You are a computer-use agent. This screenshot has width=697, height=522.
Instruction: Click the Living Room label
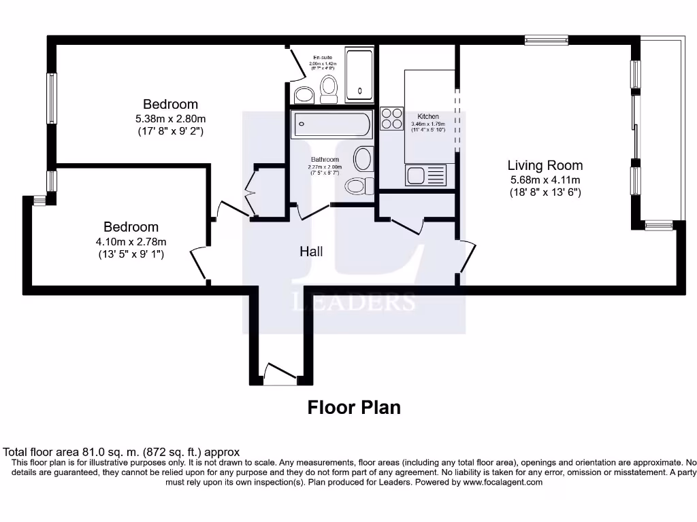pos(545,165)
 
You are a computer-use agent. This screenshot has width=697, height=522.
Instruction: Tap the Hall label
pos(311,251)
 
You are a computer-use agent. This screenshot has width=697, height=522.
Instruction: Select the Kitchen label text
pos(428,117)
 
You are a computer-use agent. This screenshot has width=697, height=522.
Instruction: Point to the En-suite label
pos(322,57)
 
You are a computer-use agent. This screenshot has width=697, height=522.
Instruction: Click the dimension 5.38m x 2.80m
pos(170,118)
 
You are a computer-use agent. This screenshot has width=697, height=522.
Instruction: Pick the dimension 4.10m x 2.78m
pos(131,241)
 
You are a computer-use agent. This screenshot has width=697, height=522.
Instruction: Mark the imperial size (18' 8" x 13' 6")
pos(545,192)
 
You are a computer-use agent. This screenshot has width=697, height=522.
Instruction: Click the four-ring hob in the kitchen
pos(391,119)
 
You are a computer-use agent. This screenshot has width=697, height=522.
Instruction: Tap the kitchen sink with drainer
pos(425,175)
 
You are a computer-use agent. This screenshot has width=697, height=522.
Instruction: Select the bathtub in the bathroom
pos(331,125)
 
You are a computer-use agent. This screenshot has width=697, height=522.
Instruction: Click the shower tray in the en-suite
pos(359,75)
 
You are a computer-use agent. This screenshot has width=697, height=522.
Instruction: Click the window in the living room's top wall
pos(546,39)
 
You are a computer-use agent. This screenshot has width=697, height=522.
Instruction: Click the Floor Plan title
pos(354,407)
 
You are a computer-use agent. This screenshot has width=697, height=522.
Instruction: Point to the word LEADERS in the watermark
pos(354,302)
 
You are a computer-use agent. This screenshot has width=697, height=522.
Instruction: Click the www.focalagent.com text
pos(503,482)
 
